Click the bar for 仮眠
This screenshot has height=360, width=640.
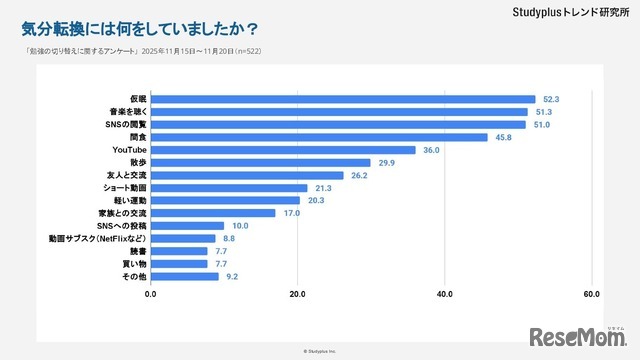coord(342,99)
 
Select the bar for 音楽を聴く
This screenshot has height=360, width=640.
coord(339,112)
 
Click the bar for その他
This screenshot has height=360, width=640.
coord(184,276)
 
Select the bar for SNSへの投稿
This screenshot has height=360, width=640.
coord(187,225)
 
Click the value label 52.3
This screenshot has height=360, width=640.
coord(549,99)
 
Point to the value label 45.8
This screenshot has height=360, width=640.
coord(502,137)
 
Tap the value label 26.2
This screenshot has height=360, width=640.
coord(358,175)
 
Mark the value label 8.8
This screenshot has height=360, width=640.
coord(229,239)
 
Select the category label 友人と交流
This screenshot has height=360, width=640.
coord(127,175)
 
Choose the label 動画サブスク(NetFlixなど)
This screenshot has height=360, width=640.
coord(99,239)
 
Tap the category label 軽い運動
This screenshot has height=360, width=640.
coord(131,200)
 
